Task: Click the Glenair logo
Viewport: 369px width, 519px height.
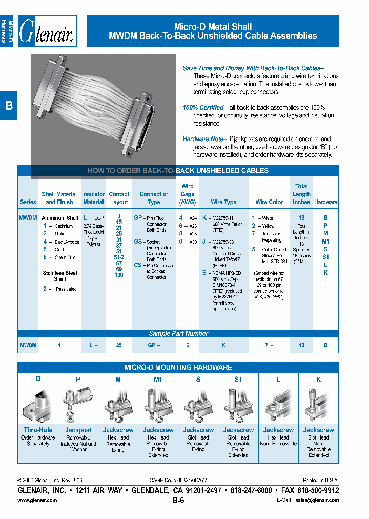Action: (x=47, y=31)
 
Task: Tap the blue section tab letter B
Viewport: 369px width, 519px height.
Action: (x=9, y=106)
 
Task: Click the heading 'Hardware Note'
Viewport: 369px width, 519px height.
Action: (x=203, y=139)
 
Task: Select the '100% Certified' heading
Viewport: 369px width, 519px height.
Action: (x=203, y=108)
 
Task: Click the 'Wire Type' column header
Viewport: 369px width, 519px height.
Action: (x=223, y=202)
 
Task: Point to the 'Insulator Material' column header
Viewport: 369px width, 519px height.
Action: (x=93, y=198)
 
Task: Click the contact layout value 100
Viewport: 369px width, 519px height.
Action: (x=119, y=275)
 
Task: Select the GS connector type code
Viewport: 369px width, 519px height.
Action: (x=138, y=242)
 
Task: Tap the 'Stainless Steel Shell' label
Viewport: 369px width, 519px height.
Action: (x=60, y=276)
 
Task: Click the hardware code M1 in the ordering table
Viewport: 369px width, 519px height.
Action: (x=325, y=241)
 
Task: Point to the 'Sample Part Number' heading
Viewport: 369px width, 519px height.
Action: (x=178, y=333)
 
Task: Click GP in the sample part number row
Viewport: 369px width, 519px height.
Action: (x=152, y=346)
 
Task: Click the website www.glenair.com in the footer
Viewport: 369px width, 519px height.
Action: (x=37, y=500)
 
